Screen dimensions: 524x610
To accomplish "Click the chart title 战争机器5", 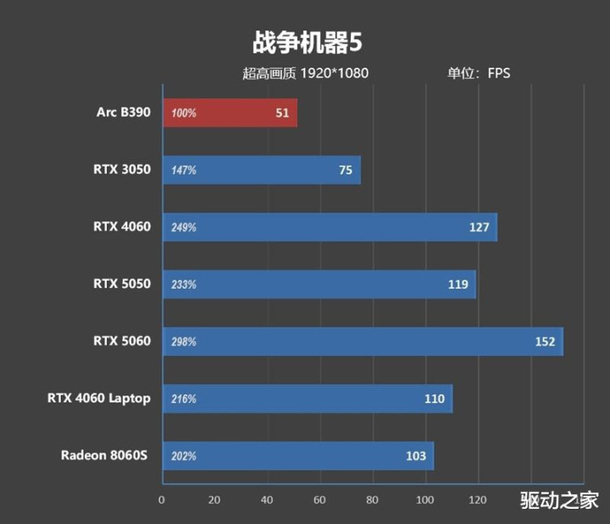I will coord(306,41).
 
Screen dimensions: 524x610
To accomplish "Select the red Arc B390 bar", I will coord(229,113).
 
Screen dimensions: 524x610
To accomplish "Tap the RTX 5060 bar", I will coord(362,341).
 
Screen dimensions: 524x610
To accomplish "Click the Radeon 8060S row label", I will coord(104,455).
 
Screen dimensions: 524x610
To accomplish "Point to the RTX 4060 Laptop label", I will coord(98,398).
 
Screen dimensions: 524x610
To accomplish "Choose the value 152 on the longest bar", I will coord(545,342).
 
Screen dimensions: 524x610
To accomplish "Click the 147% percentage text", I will coord(184,170).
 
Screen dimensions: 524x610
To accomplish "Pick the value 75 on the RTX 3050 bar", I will coord(345,170).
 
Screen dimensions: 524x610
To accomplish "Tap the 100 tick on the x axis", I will coord(425,499).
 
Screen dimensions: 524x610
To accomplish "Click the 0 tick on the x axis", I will coord(162,499).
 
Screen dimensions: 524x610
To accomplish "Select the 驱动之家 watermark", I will coord(559,500).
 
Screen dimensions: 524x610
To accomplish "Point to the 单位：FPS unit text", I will coord(479,73).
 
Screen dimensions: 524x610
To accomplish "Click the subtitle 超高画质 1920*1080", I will coord(305,73).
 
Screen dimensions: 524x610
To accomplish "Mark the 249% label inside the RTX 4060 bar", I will coord(184,228).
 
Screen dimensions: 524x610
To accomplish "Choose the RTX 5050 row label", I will coord(122,284).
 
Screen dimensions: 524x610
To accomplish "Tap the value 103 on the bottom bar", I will coord(415,456).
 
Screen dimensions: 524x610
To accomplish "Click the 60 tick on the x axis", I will coord(319,499).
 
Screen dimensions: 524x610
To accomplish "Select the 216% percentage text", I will coord(184,399).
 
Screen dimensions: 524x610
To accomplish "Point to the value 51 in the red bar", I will coord(283,113).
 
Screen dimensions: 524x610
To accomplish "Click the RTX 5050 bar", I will coord(319,284).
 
